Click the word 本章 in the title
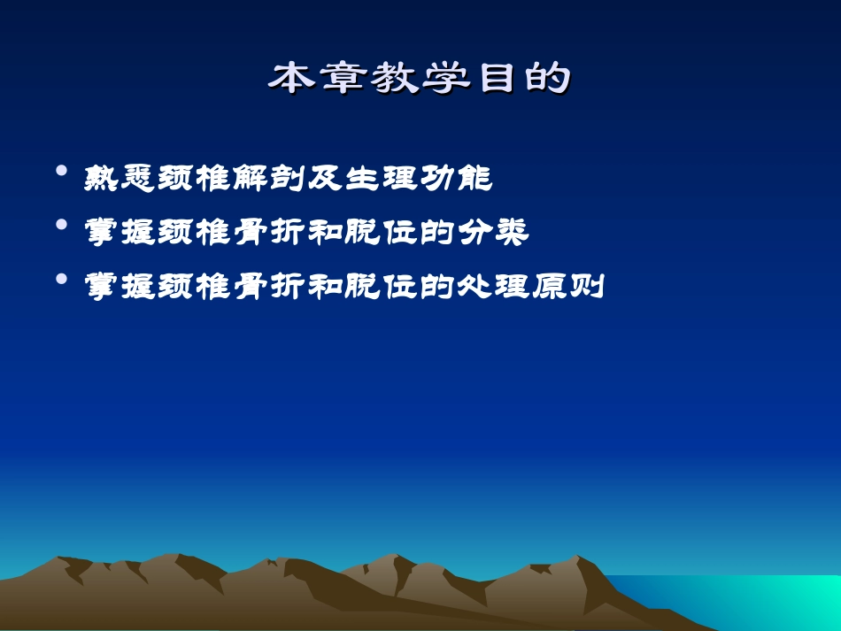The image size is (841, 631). [x=306, y=79]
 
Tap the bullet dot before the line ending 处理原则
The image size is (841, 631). [x=61, y=278]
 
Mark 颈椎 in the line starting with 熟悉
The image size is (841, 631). [x=195, y=179]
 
